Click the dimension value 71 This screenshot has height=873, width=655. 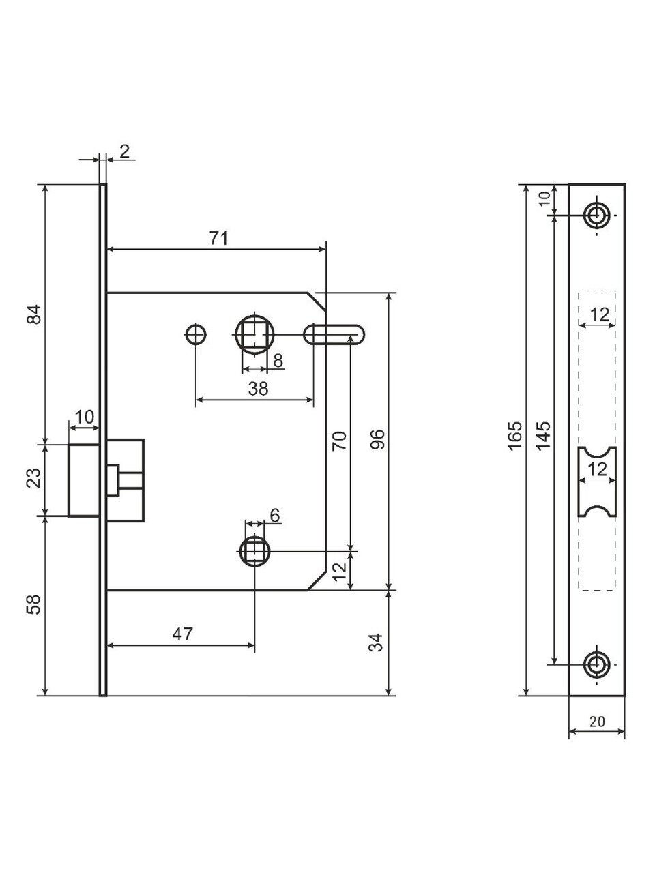tap(218, 238)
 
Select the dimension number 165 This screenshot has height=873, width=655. tap(516, 435)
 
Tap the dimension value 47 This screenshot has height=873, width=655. tap(181, 634)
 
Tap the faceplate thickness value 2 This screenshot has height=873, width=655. tap(124, 151)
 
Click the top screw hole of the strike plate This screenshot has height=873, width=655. tap(597, 215)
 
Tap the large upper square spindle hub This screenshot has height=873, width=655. tap(254, 334)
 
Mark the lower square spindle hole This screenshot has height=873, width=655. tap(254, 550)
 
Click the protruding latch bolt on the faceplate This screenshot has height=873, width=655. tap(85, 479)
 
